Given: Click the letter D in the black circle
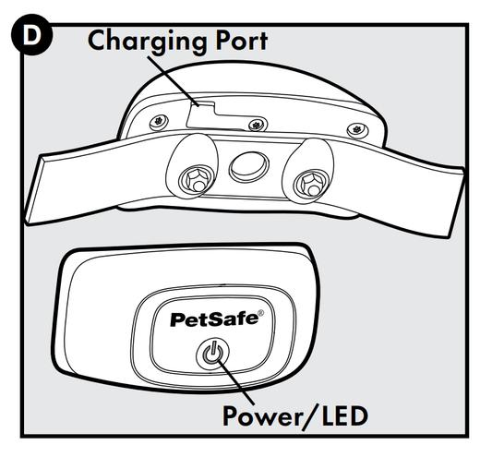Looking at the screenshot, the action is [31, 36].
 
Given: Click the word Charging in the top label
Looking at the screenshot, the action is [147, 42].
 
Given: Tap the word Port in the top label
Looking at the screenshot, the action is [241, 41].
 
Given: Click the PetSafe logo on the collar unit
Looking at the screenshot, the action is [217, 319].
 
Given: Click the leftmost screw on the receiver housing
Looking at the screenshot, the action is [159, 122].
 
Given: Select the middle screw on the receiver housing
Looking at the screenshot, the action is [258, 125].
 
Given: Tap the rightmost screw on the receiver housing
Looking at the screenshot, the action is [357, 130].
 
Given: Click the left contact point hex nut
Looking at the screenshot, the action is [196, 181].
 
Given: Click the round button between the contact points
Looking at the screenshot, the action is [249, 166].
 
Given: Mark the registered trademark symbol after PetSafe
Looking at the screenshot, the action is [260, 313].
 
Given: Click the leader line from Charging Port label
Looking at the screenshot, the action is [173, 81].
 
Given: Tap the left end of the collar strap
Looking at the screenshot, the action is [32, 191].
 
